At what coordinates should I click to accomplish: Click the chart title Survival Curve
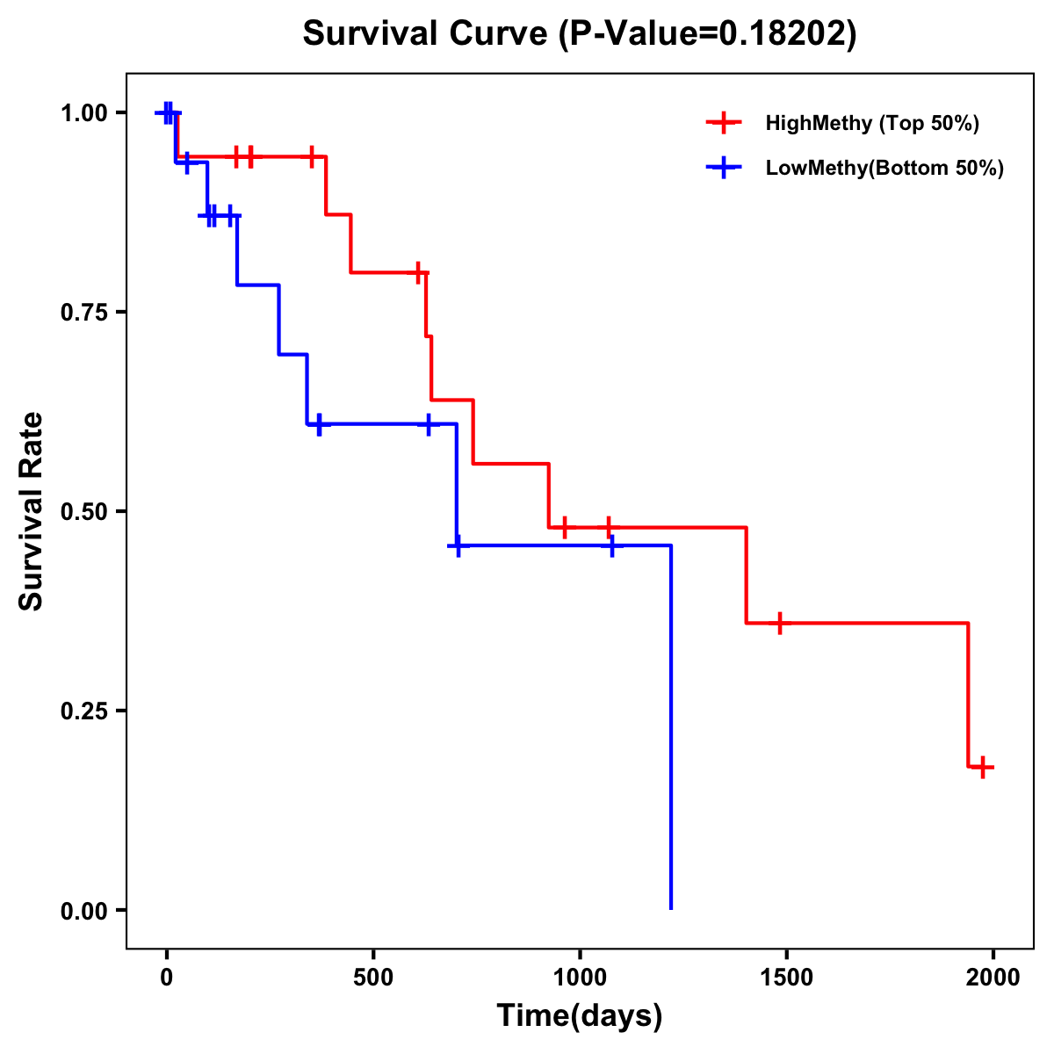coord(579,33)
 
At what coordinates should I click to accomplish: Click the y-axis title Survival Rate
coord(32,511)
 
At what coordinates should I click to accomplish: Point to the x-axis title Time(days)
coord(579,1016)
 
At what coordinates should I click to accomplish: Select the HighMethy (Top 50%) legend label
coord(871,123)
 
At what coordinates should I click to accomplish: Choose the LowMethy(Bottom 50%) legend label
coord(884,169)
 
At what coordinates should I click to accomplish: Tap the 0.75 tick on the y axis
coord(83,313)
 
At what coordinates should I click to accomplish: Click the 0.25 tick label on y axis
coord(83,711)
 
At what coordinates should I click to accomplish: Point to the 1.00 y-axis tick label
coord(83,113)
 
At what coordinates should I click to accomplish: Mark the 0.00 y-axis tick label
coord(83,910)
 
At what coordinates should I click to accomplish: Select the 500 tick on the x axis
coord(373,978)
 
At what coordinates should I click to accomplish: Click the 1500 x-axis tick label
coord(786,978)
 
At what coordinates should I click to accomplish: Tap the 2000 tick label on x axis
coord(993,978)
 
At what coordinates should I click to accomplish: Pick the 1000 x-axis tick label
coord(580,978)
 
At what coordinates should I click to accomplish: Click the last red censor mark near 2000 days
coord(984,767)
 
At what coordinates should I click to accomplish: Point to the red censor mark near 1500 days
coord(779,623)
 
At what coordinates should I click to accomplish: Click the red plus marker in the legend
coord(723,123)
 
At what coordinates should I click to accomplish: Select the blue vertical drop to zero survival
coord(671,729)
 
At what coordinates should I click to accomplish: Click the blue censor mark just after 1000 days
coord(611,545)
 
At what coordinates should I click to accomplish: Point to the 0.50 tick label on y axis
coord(83,511)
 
